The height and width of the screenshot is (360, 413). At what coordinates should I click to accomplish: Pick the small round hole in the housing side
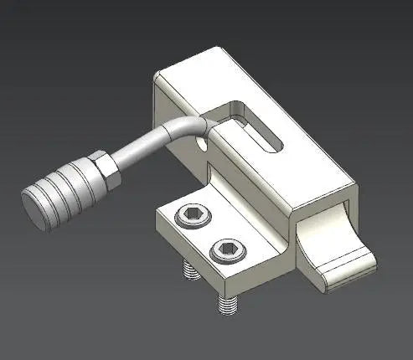click(x=201, y=143)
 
